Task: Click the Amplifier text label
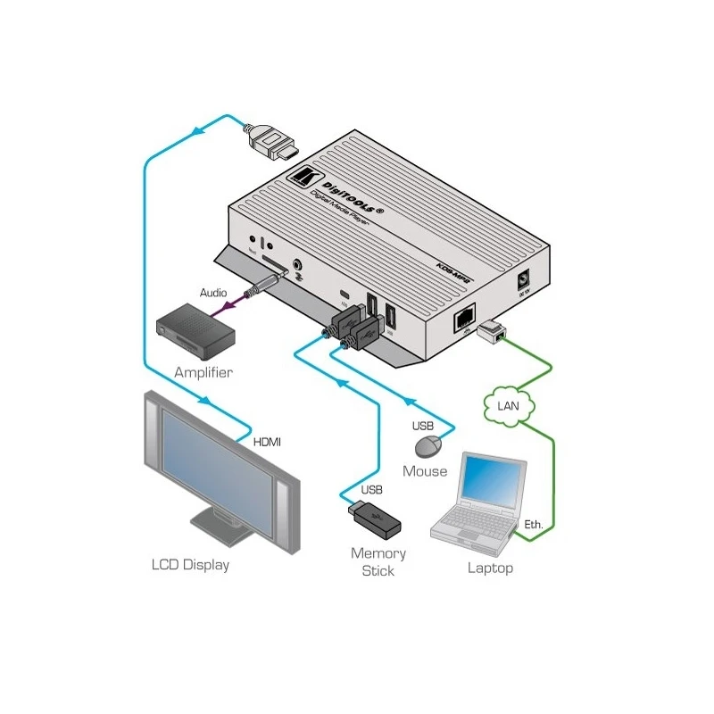203,372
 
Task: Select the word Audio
212,292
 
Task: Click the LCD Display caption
189,564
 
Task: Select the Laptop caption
490,568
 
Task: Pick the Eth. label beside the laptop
534,525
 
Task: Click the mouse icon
431,447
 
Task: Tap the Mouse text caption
425,470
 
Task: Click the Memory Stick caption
378,561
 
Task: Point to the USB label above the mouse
423,427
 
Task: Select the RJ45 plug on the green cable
490,332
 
